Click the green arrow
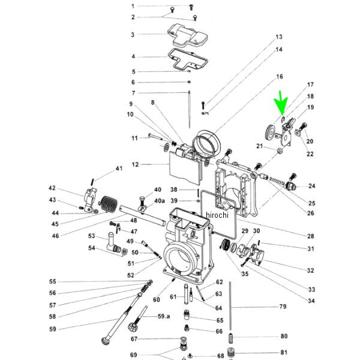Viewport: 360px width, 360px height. point(281,104)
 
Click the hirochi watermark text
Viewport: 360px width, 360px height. point(217,215)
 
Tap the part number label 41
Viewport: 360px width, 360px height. point(119,168)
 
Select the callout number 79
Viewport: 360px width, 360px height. point(283,307)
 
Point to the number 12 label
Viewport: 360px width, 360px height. point(135,164)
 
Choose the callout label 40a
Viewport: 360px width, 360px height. point(159,200)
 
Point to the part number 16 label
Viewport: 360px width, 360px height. point(279,77)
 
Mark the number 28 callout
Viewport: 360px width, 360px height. point(311,236)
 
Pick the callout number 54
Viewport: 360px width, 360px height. point(92,248)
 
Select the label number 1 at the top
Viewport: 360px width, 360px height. point(133,6)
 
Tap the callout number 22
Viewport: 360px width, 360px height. point(310,154)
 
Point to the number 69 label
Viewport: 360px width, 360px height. point(133,355)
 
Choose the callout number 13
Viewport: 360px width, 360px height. point(279,37)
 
